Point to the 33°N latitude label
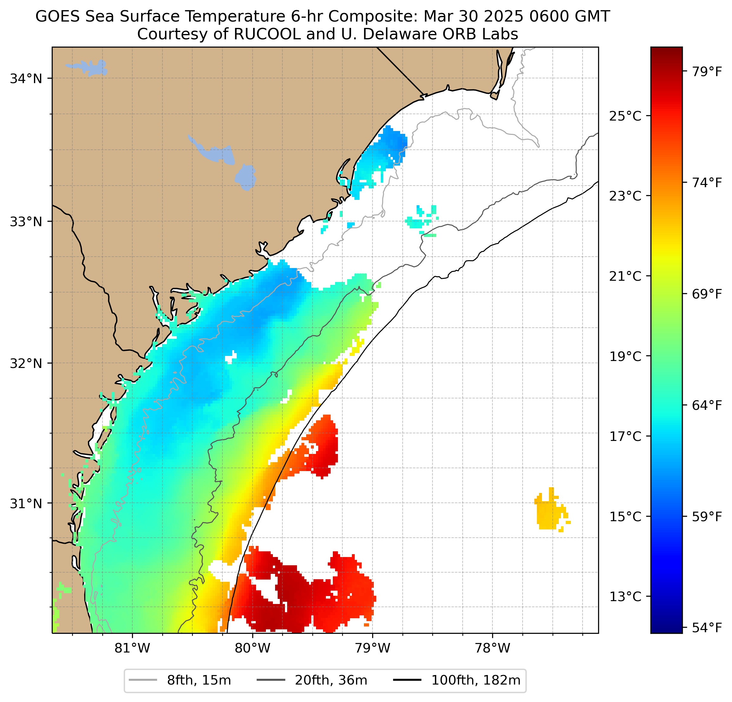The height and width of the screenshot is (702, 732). [26, 222]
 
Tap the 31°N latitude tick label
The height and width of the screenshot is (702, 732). [26, 504]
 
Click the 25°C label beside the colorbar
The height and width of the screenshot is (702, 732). [625, 116]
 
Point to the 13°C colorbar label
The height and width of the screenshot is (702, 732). [625, 597]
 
